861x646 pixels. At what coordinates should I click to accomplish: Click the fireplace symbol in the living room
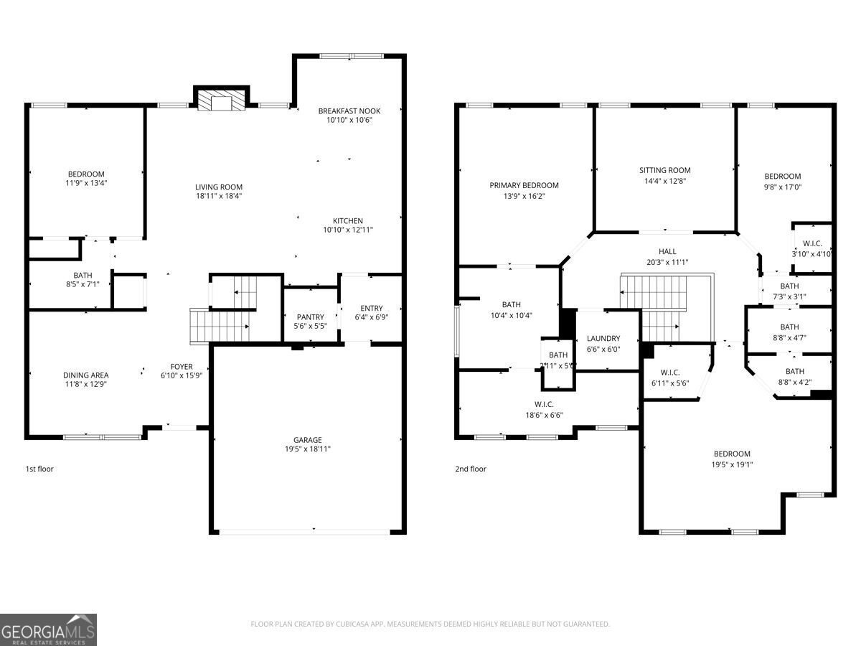[x=220, y=100]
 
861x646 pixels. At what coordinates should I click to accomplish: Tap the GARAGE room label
[x=307, y=440]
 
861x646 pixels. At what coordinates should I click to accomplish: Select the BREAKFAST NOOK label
[x=349, y=111]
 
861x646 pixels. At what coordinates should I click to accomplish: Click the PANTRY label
[x=311, y=317]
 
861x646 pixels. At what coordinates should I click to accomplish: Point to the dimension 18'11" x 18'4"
[x=219, y=196]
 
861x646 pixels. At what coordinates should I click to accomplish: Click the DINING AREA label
[x=85, y=375]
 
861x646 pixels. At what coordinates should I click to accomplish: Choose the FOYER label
[x=181, y=367]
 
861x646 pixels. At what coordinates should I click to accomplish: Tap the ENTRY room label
[x=371, y=308]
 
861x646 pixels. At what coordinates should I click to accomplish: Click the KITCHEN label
[x=347, y=220]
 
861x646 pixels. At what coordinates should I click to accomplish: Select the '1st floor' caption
[x=39, y=469]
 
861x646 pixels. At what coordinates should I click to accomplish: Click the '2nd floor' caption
[x=470, y=469]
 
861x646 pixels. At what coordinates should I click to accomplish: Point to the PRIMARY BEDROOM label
[x=524, y=185]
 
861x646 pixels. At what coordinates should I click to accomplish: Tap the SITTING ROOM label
[x=664, y=170]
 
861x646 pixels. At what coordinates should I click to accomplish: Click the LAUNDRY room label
[x=603, y=339]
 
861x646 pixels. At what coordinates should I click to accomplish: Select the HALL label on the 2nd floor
[x=667, y=251]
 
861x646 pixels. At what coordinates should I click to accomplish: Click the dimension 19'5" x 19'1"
[x=732, y=464]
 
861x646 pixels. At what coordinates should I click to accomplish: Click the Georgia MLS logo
[x=48, y=629]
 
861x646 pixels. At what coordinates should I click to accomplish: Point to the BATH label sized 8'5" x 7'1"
[x=83, y=275]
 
